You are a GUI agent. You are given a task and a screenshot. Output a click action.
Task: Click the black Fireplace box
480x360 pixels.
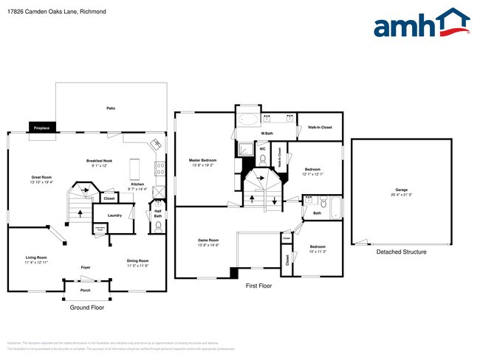(41, 128)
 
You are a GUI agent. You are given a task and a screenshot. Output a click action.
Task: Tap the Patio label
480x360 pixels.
(111, 108)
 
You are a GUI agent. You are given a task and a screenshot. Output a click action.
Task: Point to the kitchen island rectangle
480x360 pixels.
(135, 170)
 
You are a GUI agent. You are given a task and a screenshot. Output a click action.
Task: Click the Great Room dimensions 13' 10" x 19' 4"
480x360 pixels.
(42, 181)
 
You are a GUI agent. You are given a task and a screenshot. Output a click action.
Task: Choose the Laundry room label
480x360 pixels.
(114, 215)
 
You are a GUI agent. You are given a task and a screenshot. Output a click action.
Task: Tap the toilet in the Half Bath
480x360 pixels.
(158, 226)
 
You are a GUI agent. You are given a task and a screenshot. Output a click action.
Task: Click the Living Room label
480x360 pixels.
(36, 257)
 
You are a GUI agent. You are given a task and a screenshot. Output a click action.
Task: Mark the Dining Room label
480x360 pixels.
(138, 260)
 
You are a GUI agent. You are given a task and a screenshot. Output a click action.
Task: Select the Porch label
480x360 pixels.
(86, 290)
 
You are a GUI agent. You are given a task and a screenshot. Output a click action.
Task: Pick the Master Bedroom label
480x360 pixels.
(202, 160)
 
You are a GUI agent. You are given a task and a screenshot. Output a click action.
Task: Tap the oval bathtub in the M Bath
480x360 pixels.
(248, 119)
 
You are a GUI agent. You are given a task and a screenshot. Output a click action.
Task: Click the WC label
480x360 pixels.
(262, 148)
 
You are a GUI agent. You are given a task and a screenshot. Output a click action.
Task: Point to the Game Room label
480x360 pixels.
(209, 240)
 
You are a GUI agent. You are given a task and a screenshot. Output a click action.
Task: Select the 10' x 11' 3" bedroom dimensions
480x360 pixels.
(318, 251)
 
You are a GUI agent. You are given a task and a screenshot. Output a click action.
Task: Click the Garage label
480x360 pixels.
(401, 190)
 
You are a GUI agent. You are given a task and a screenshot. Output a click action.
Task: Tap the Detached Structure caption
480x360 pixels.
(401, 252)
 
